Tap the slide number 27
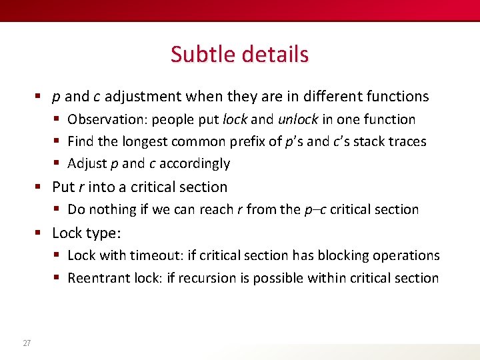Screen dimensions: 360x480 pos(27,343)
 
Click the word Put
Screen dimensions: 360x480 pos(63,187)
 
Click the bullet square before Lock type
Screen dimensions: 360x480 pos(40,233)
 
